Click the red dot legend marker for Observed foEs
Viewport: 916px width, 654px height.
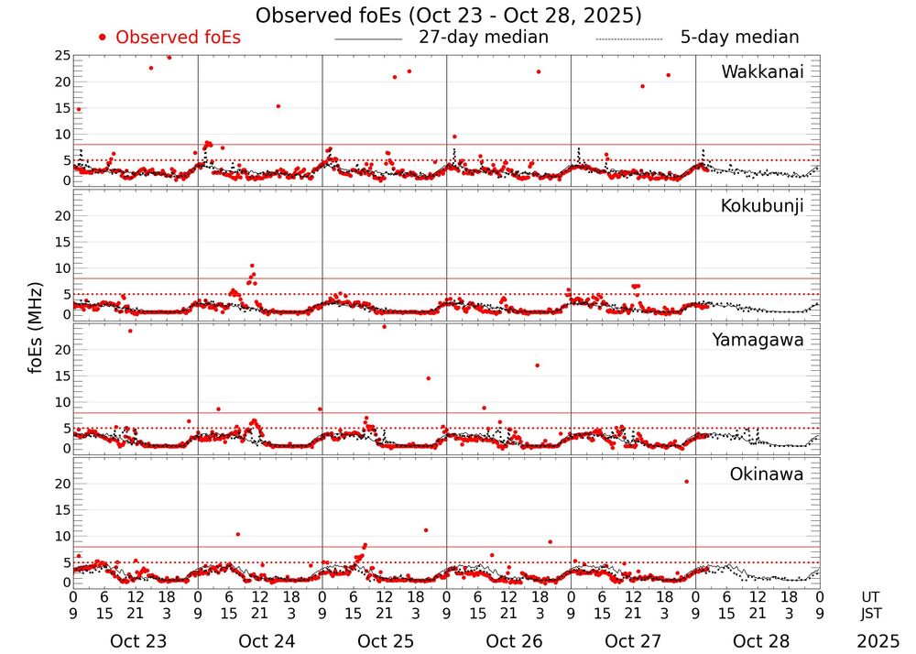103,38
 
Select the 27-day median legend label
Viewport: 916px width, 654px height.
484,38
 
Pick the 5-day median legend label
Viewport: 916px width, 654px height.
739,38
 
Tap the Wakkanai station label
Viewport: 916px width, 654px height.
762,72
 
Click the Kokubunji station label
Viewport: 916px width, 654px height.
762,206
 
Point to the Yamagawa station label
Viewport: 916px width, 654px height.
758,340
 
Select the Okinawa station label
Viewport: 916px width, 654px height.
767,474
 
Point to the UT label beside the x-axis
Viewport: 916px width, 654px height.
872,595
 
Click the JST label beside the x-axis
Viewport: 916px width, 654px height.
872,613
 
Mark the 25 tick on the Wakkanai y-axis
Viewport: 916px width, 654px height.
62,56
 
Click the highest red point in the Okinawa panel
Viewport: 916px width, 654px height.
686,482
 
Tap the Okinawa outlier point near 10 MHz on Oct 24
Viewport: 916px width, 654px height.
237,534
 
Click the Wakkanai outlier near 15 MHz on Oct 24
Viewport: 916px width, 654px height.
278,106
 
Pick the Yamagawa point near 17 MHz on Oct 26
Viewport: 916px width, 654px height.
537,365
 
